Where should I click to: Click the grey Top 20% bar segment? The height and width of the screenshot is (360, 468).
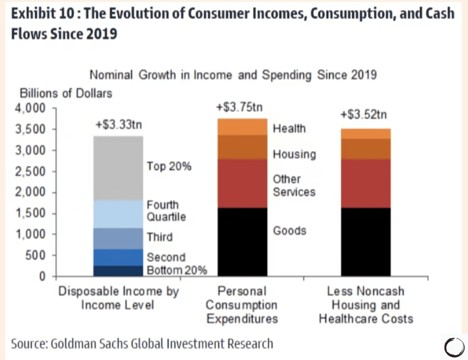click(x=118, y=168)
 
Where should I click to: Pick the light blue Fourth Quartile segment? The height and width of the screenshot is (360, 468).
click(x=118, y=214)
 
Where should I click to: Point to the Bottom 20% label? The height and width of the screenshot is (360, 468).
click(x=177, y=270)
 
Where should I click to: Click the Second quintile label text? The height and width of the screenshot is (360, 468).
click(x=166, y=257)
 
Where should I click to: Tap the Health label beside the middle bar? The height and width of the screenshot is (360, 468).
click(x=289, y=129)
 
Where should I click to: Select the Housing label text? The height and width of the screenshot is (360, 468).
click(x=294, y=154)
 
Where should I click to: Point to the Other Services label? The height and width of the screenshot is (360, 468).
click(x=294, y=185)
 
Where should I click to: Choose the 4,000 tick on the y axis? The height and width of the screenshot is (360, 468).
click(x=32, y=108)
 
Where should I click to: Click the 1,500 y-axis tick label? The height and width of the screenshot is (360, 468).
click(x=32, y=213)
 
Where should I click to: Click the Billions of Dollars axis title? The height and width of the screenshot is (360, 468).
click(x=66, y=93)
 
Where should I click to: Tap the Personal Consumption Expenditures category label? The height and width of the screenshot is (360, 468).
click(x=241, y=305)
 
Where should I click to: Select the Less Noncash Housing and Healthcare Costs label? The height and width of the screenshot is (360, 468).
click(x=365, y=305)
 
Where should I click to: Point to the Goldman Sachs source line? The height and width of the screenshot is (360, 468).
click(x=142, y=343)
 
